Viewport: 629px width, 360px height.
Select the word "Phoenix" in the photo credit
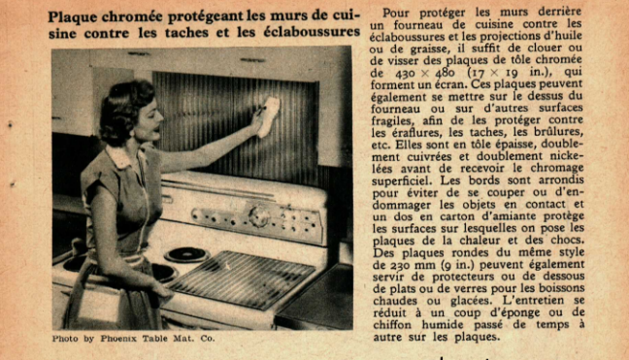tap(118, 339)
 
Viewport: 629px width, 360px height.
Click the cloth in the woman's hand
tap(268, 116)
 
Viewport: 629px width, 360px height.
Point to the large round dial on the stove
tap(259, 217)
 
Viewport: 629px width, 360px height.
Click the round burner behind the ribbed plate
tap(187, 254)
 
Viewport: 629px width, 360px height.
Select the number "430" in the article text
tap(405, 74)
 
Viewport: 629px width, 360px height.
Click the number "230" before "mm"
tap(400, 265)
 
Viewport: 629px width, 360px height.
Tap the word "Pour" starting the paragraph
tap(396, 14)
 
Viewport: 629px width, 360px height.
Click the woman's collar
tap(124, 156)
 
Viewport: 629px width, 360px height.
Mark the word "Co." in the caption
tap(208, 339)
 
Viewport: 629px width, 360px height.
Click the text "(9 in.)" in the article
tap(458, 265)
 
